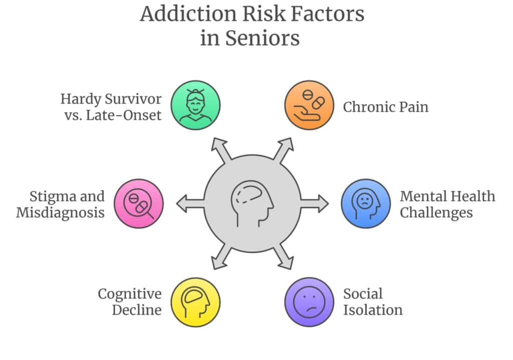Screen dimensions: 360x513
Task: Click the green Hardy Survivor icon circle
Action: click(195, 105)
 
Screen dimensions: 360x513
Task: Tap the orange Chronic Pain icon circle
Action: click(309, 105)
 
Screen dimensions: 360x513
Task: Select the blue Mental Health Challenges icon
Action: click(366, 203)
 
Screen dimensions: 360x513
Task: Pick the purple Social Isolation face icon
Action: click(309, 302)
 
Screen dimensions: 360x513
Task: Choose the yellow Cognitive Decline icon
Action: click(195, 302)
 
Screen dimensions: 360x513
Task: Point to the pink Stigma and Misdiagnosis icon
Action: click(139, 203)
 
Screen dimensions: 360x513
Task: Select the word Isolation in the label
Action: click(373, 310)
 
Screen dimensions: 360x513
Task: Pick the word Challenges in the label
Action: click(436, 212)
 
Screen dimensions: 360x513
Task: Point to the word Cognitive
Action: click(130, 293)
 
